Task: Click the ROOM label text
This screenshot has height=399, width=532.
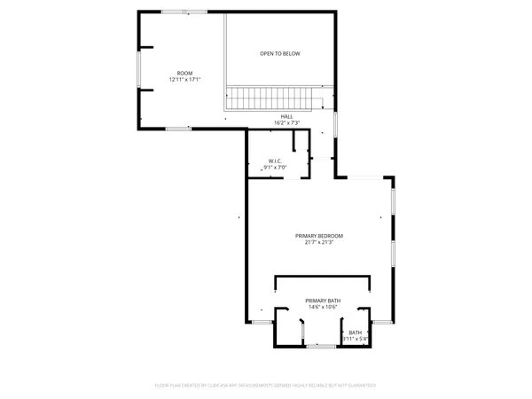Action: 184,73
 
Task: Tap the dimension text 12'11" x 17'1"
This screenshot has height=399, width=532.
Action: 184,80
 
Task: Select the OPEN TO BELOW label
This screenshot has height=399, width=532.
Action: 279,54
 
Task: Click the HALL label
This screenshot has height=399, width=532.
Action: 286,116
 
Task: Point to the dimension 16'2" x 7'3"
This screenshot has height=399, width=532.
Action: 286,123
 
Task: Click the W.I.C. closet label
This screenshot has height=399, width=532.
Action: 275,160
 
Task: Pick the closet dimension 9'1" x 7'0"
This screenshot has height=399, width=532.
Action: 275,168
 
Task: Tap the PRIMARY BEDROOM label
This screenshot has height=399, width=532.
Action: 318,235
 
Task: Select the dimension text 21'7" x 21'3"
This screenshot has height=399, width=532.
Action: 318,242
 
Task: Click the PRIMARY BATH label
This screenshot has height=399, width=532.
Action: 323,301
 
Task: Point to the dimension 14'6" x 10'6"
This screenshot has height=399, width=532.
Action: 323,308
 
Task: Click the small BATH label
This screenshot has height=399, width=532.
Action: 355,332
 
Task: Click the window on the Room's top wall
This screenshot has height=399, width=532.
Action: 184,12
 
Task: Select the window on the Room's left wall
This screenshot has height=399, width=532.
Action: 137,72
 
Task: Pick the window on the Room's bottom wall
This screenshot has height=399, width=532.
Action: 177,129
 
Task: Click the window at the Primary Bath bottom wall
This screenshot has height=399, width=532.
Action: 321,346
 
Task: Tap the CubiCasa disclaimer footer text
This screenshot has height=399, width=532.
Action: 266,386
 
